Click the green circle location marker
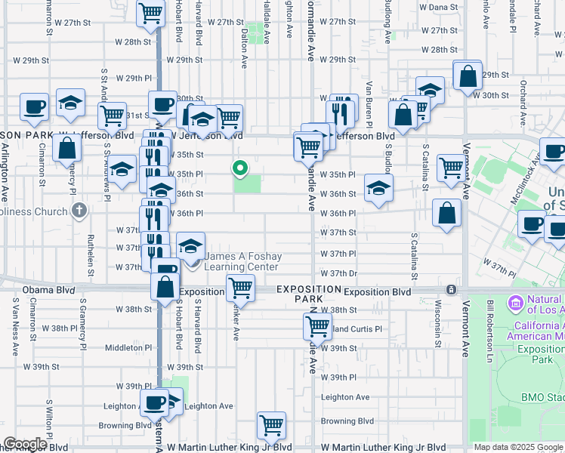241,168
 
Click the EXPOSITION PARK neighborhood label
308,294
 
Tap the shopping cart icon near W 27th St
151,13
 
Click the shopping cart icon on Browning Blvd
271,424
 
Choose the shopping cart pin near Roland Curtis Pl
317,326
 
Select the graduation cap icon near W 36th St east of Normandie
378,188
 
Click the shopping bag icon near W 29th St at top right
468,75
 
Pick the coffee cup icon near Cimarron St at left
33,108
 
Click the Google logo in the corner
25,444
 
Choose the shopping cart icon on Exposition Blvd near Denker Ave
240,287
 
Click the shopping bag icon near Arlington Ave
68,148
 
